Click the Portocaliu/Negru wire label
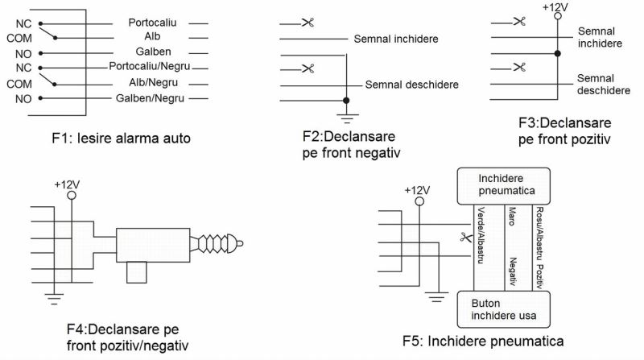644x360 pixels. point(150,66)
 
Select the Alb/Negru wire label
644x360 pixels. point(153,83)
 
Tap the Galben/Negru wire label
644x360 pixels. point(150,98)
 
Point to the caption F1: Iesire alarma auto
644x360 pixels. point(122,138)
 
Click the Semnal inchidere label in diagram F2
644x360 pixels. point(396,39)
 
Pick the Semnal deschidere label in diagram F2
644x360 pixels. point(411,85)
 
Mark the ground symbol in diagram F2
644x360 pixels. point(347,118)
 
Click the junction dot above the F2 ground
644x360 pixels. point(346,101)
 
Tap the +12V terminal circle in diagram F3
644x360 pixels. point(557,16)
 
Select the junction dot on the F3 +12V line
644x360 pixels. point(557,53)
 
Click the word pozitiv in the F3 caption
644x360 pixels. point(590,139)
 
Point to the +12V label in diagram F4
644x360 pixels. point(67,184)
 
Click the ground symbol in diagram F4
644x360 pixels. point(54,299)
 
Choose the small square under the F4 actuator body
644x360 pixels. point(137,272)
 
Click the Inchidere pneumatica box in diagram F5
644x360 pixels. point(504,186)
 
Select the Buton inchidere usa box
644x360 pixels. point(504,309)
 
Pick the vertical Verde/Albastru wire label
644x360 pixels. point(481,235)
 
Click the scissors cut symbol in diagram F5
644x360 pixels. point(466,237)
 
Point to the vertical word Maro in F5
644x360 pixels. point(512,216)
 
